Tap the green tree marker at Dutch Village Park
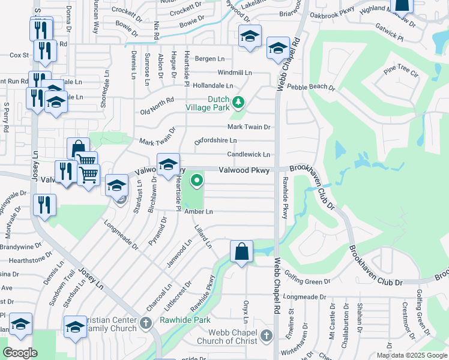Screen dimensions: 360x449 (238, 102)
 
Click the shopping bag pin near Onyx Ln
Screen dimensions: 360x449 (241, 251)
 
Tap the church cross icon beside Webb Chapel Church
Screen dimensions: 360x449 (267, 335)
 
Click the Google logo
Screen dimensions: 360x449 (20, 353)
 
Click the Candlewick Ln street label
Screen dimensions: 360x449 (249, 155)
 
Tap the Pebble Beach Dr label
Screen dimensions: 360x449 (311, 87)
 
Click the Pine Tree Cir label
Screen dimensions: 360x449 (400, 71)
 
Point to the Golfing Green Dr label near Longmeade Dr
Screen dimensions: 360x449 (310, 281)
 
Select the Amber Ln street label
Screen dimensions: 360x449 (199, 212)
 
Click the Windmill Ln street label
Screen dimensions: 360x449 (235, 73)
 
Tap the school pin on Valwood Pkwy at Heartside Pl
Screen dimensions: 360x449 (169, 163)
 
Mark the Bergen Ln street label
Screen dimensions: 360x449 (208, 59)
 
